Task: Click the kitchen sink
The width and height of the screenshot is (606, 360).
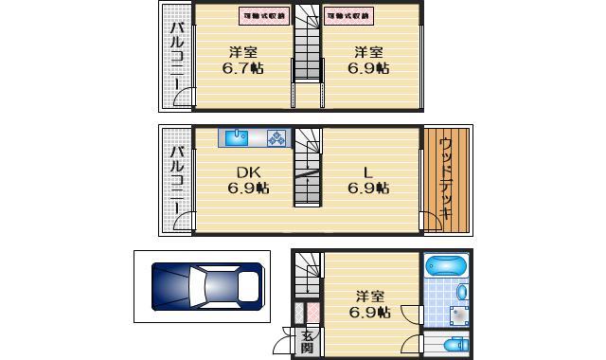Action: [238, 137]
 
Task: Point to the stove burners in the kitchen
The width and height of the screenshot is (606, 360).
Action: [276, 138]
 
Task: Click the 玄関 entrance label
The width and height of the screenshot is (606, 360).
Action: [308, 343]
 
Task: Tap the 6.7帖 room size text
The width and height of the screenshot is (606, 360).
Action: [243, 69]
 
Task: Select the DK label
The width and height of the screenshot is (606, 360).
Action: [248, 172]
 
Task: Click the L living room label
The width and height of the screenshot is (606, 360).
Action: [369, 172]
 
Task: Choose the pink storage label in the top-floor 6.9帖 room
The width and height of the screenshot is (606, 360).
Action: [349, 16]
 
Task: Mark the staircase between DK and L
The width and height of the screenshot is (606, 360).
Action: [307, 169]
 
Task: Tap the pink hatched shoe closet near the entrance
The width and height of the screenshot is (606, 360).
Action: [301, 312]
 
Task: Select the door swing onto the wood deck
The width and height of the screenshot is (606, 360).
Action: [431, 222]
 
